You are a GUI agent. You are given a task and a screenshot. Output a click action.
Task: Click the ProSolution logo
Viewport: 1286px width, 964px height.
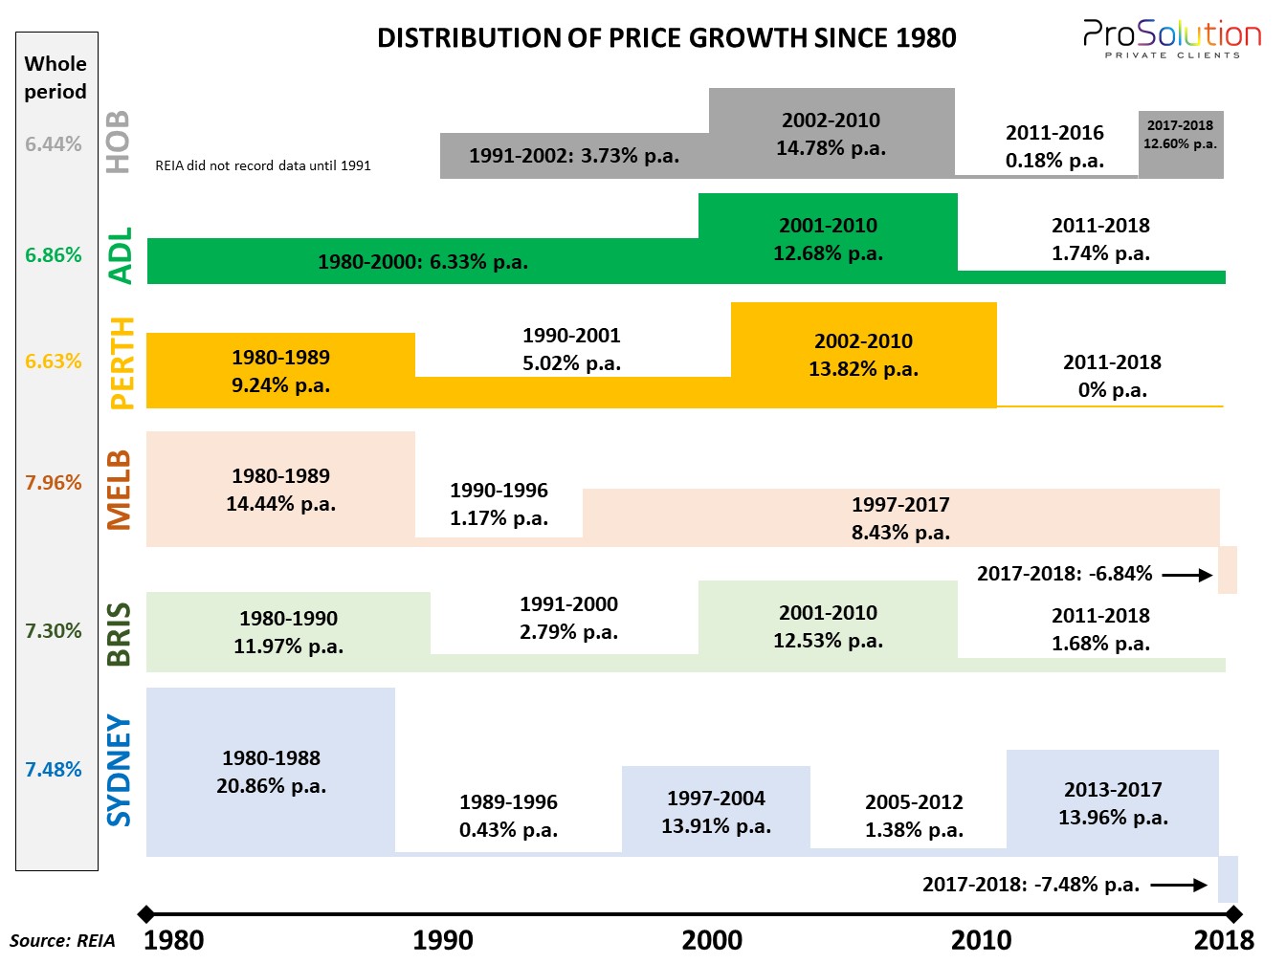(1172, 39)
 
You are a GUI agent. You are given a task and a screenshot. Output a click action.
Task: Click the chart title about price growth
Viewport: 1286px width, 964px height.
(666, 38)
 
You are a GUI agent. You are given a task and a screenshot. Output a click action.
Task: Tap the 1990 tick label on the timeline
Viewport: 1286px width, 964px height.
(442, 940)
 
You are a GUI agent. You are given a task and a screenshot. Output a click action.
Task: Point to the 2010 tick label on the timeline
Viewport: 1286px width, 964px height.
(981, 940)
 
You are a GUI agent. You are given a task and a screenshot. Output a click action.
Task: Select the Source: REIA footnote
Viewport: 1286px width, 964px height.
(62, 941)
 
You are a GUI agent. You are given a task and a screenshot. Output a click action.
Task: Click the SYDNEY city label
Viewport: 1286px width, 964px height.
(119, 770)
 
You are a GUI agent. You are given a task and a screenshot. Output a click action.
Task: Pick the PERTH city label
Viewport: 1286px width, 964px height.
(122, 362)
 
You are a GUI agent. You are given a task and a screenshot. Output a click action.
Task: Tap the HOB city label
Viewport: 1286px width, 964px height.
(118, 142)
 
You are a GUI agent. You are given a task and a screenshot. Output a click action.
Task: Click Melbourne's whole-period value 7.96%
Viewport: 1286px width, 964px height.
(54, 483)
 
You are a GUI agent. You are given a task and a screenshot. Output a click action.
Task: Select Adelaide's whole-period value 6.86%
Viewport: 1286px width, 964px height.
(54, 255)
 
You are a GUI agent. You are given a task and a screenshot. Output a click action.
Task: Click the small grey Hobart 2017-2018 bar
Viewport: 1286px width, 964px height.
(1181, 143)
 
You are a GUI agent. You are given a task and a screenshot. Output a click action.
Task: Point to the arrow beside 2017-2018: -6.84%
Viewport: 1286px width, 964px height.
(1187, 575)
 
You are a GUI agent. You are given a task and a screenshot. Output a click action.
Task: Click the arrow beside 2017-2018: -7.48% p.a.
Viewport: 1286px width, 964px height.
(1179, 885)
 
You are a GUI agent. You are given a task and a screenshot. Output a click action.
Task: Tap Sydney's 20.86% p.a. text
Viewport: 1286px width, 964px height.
(272, 786)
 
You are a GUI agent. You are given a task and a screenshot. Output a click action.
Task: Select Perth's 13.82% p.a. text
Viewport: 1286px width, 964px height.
(863, 369)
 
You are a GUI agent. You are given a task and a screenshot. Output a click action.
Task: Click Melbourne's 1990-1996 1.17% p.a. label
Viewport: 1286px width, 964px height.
(499, 504)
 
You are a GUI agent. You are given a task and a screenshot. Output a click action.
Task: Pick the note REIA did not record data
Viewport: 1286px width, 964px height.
(263, 165)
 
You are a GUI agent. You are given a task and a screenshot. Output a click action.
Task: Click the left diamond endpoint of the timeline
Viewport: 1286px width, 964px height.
(145, 914)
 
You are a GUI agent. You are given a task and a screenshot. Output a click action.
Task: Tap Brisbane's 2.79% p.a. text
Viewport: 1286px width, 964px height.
(568, 632)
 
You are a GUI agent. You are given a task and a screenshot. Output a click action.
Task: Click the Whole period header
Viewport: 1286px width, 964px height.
(55, 77)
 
